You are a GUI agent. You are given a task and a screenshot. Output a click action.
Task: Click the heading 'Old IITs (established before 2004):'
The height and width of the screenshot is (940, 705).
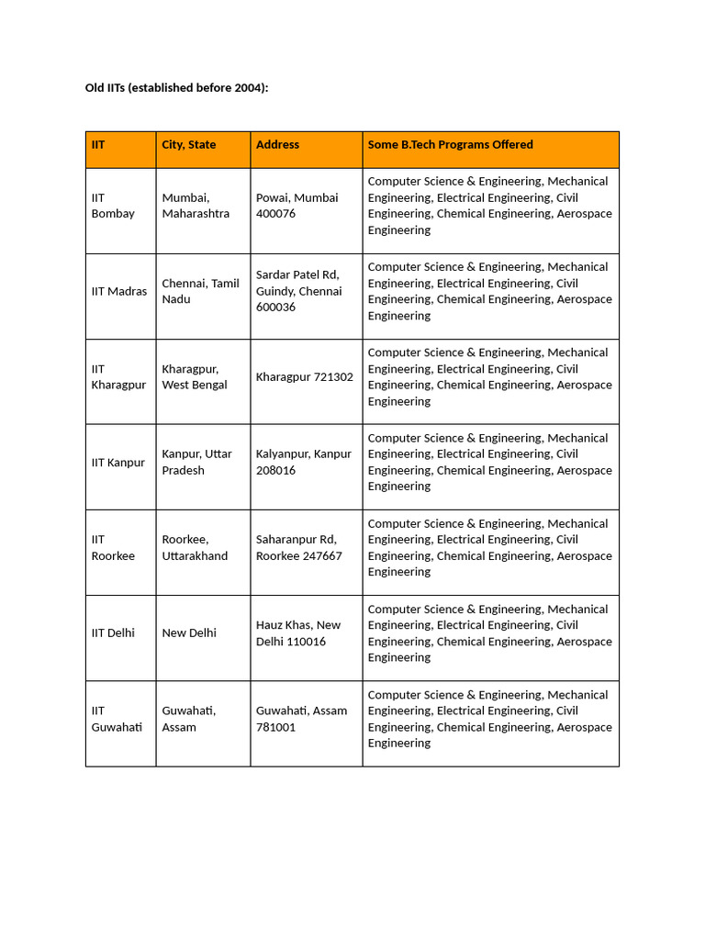click(176, 88)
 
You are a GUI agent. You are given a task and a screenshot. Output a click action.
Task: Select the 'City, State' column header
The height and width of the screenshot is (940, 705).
click(189, 145)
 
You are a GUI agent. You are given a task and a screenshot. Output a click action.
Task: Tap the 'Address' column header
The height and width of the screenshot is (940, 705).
click(277, 145)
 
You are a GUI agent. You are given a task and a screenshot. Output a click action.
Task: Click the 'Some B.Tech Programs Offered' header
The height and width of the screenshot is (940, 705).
click(450, 145)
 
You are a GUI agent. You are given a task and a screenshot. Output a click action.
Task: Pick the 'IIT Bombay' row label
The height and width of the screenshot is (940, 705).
click(113, 206)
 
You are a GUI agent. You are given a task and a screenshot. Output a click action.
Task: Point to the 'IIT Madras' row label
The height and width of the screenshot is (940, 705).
click(119, 291)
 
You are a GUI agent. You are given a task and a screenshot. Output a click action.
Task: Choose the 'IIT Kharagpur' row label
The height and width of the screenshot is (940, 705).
click(118, 377)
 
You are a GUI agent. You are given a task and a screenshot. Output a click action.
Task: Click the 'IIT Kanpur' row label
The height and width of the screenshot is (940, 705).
click(118, 463)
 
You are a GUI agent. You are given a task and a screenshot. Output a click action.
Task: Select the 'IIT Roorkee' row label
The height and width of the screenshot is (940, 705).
click(113, 548)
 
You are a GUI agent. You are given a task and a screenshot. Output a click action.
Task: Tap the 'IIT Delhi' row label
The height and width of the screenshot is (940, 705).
click(113, 633)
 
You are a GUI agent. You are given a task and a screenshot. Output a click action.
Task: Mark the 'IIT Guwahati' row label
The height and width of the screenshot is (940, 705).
click(117, 719)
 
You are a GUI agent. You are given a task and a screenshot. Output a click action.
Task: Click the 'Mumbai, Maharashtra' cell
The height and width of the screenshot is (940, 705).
click(196, 206)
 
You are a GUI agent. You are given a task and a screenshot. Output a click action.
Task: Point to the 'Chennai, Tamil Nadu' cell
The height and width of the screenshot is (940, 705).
click(200, 291)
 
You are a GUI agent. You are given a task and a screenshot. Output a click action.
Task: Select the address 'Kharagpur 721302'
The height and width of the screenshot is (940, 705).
click(305, 377)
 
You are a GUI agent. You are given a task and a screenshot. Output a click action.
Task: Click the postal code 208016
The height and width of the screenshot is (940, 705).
click(275, 470)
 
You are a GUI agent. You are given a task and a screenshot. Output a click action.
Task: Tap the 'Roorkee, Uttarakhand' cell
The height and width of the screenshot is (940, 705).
click(195, 548)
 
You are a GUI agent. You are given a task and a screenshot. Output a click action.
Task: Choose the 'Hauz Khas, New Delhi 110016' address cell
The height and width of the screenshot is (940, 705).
click(298, 633)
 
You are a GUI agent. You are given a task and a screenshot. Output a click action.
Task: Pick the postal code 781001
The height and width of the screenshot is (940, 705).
click(275, 727)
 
